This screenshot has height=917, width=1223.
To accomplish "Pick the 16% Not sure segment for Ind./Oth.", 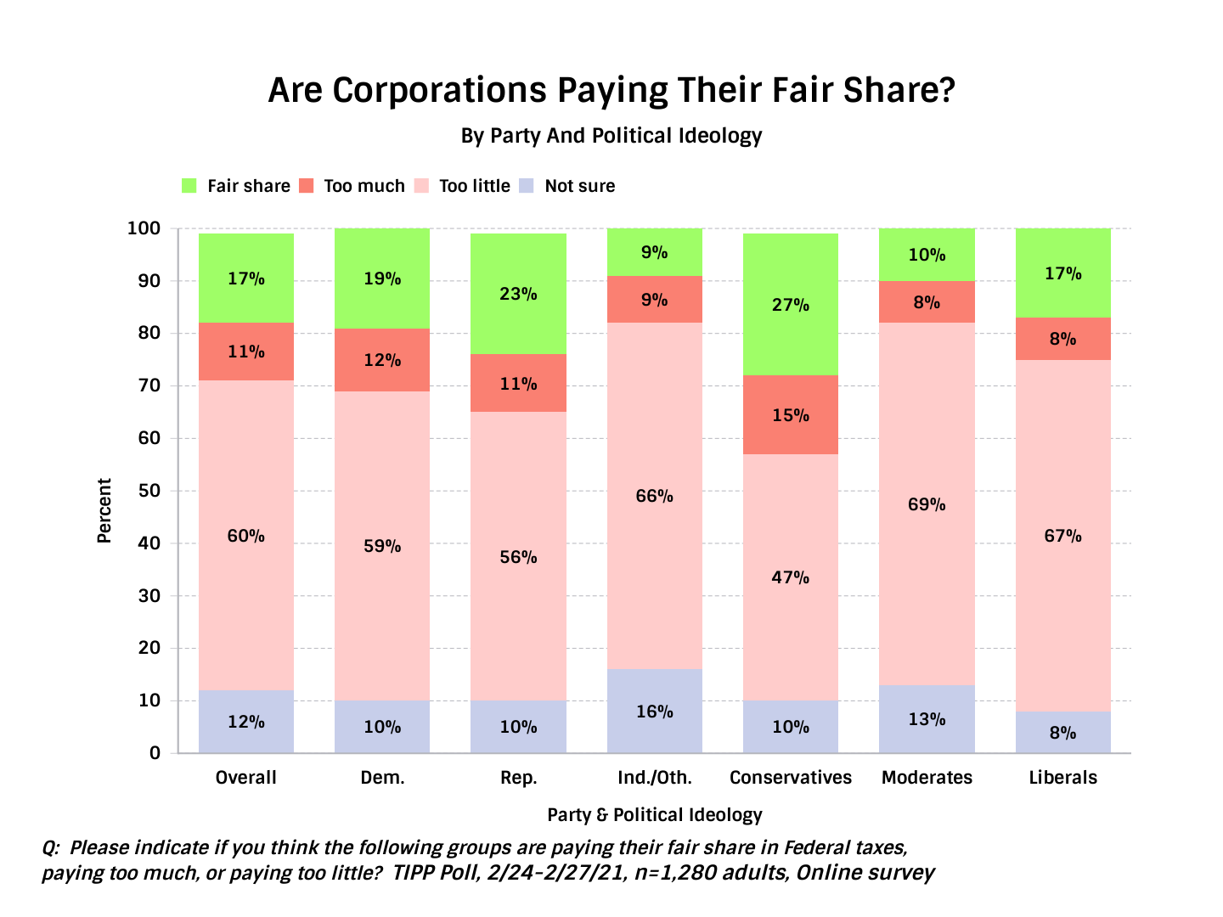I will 655,712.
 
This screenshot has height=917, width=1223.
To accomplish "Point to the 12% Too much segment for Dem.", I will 382,360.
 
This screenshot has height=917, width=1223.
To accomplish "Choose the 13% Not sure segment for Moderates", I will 927,719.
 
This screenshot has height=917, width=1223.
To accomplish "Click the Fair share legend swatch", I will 189,186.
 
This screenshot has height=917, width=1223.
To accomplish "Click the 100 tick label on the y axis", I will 144,228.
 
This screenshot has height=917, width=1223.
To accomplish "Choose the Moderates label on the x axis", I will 927,778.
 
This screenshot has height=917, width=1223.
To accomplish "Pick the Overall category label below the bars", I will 246,778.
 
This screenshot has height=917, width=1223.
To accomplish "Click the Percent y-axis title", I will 104,510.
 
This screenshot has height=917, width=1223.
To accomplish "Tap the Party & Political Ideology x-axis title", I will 655,815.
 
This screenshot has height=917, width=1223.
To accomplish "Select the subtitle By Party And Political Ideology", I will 611,136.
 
